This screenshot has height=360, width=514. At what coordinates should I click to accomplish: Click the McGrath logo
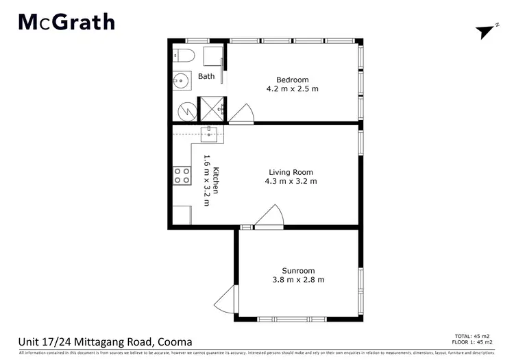pos(66,23)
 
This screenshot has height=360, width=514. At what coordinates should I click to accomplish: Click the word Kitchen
pos(216,180)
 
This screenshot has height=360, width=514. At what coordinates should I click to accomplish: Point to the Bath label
pos(206,77)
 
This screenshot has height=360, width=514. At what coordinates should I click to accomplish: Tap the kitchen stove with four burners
pos(182,176)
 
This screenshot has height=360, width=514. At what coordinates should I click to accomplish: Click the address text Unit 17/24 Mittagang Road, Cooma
pos(105,341)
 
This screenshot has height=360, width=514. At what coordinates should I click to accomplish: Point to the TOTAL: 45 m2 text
pos(480,336)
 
